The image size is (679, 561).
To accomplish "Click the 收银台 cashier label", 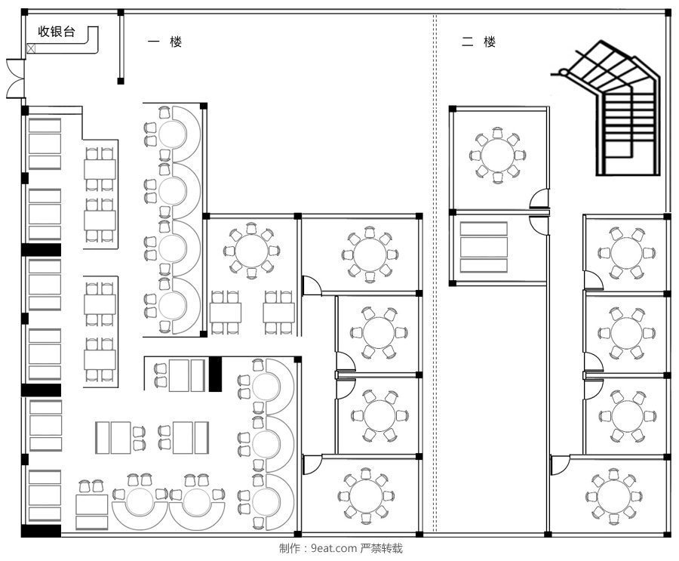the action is point(57,32).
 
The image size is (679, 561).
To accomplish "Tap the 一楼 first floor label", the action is point(164,42).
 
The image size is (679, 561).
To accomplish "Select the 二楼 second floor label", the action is point(478,42).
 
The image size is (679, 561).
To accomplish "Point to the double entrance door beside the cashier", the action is point(15,79).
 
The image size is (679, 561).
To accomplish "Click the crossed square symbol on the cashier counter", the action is point(31,48).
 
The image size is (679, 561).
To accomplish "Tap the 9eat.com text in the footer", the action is point(334,548).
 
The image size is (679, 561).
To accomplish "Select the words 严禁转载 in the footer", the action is point(382,548).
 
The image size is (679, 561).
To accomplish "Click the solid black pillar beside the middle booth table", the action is point(215,375).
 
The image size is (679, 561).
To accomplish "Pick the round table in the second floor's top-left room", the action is point(498,155).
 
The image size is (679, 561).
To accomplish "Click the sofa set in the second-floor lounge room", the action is point(484,247).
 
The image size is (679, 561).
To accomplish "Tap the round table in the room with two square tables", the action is point(251,250).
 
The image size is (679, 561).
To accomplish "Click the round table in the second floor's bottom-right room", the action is point(613,496).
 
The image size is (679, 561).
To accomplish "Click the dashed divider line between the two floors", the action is point(435,273).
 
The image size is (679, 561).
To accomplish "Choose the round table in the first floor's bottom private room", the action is point(366,496).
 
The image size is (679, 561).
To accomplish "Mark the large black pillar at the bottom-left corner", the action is point(41,531).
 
